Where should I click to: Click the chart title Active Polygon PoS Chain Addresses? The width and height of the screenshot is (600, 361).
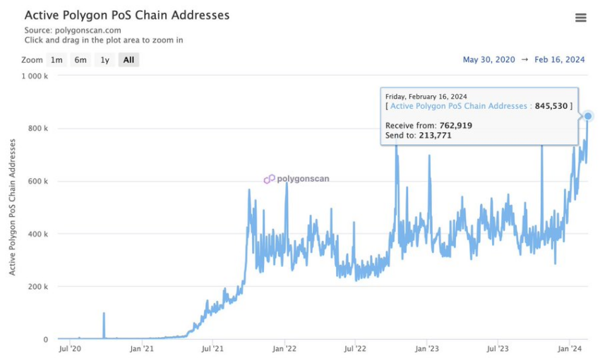tap(127, 15)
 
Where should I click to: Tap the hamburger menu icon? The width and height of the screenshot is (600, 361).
tap(581, 18)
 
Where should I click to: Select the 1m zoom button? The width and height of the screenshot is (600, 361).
tap(56, 60)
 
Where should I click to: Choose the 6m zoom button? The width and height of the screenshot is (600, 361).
tap(80, 60)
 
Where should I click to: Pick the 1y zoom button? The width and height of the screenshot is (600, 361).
tap(104, 60)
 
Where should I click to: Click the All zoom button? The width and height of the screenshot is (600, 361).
tap(128, 60)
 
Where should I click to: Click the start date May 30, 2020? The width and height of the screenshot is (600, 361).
tap(488, 60)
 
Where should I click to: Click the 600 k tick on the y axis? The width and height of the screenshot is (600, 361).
tap(37, 182)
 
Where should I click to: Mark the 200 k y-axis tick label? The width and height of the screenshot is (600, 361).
tap(37, 287)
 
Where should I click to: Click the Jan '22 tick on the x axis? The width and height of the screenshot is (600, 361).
tap(284, 348)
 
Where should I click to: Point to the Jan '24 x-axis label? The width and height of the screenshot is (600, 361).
tap(570, 348)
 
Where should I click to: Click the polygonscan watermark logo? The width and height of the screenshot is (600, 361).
tap(269, 179)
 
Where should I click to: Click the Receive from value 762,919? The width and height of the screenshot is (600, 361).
tap(450, 125)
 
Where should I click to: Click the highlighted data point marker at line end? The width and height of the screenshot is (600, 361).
tap(588, 116)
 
